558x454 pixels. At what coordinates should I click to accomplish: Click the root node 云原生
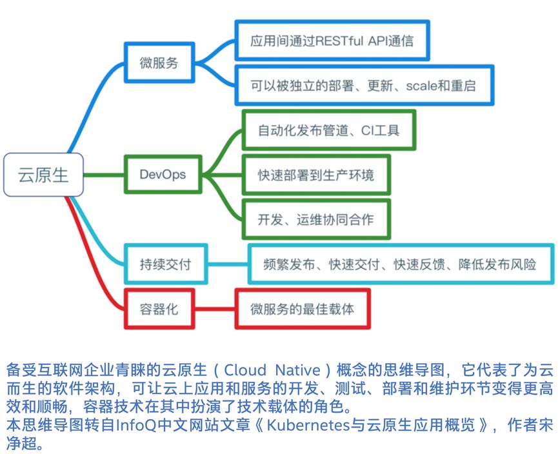pyautogui.click(x=43, y=175)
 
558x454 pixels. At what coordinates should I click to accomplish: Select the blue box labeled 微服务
pyautogui.click(x=159, y=63)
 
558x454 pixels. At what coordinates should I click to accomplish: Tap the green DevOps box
pyautogui.click(x=162, y=174)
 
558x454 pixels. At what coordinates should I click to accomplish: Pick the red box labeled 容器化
pyautogui.click(x=159, y=309)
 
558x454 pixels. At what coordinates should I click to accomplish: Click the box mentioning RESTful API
pyautogui.click(x=332, y=41)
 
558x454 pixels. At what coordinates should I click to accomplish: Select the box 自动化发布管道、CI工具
pyautogui.click(x=328, y=130)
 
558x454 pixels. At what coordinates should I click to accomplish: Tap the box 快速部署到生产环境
pyautogui.click(x=315, y=175)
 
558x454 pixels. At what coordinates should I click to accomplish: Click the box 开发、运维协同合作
pyautogui.click(x=315, y=219)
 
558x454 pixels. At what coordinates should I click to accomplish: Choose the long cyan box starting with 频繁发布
pyautogui.click(x=400, y=264)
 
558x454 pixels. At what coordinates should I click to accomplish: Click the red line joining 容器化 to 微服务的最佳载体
pyautogui.click(x=215, y=309)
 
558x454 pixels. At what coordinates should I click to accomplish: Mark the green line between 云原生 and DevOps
pyautogui.click(x=104, y=174)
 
